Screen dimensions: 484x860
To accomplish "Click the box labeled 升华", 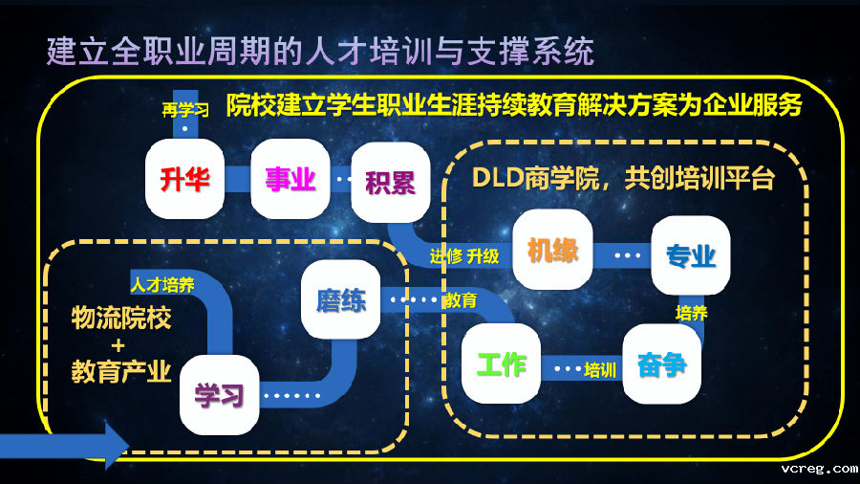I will click(x=184, y=179).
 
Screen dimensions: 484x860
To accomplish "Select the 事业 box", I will click(x=290, y=179).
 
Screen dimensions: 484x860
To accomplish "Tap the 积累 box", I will click(x=390, y=181).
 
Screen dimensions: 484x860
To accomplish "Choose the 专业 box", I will click(x=691, y=254).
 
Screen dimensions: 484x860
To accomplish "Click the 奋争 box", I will click(x=661, y=364).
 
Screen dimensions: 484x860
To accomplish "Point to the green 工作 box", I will click(x=501, y=363).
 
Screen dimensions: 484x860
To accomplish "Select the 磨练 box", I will click(x=340, y=299).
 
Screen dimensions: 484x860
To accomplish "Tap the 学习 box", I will click(x=220, y=393).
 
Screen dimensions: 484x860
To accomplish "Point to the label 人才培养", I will click(x=163, y=284).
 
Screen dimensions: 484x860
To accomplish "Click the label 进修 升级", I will click(x=464, y=255).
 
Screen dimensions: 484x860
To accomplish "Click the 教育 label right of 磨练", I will click(x=461, y=300).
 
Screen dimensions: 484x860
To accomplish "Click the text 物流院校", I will click(x=121, y=319).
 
